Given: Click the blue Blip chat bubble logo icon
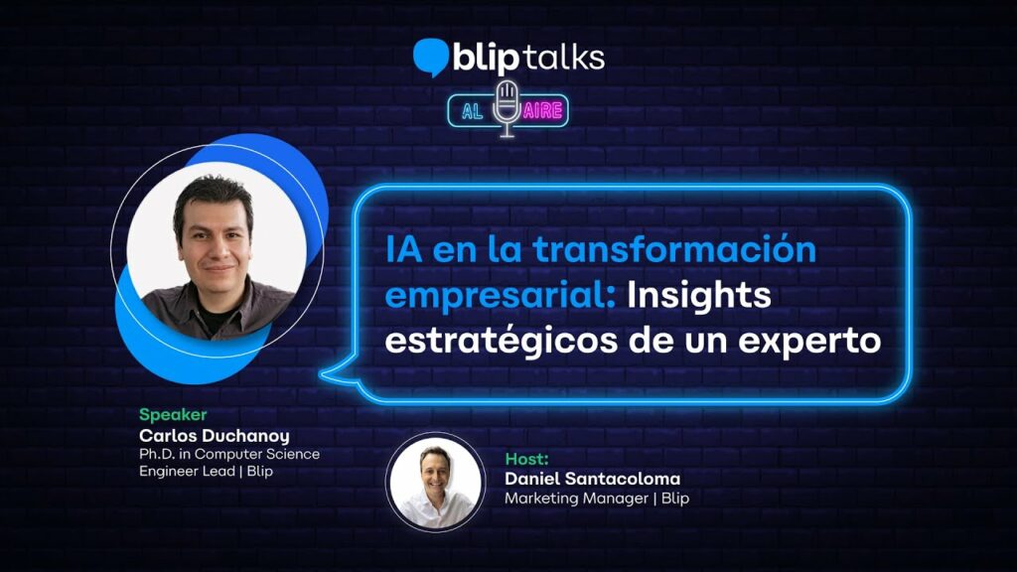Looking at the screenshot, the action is click(431, 57).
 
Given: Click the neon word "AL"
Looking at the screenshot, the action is click(472, 111).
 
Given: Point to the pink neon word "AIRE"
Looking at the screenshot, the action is click(543, 111).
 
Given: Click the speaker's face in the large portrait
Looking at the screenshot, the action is click(215, 240).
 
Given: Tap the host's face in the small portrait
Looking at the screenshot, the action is click(435, 476).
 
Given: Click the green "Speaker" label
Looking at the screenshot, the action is click(173, 414).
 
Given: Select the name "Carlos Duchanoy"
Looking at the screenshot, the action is click(215, 435).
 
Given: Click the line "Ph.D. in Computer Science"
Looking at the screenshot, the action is click(229, 454).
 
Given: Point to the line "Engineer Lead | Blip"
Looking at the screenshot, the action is click(206, 471).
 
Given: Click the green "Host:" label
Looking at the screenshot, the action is click(526, 459).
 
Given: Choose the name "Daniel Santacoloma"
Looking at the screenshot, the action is click(592, 479).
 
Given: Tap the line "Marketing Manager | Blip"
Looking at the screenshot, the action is click(597, 499).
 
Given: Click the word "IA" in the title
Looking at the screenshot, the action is click(403, 249).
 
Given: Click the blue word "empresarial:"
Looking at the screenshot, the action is click(501, 296).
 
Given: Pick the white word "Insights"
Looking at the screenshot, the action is click(699, 294).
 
